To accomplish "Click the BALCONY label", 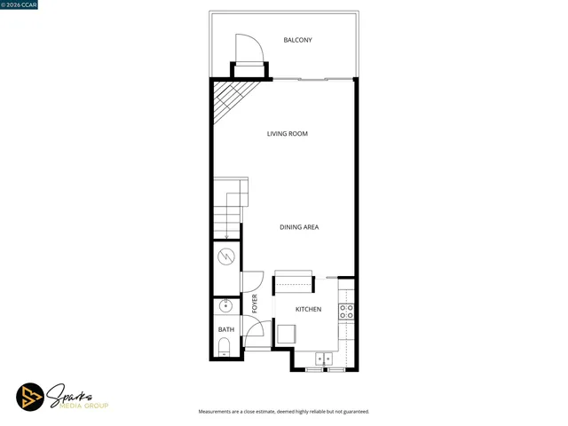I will tap(297, 40).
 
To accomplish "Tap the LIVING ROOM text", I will tap(287, 134).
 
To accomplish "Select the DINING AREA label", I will tap(299, 227).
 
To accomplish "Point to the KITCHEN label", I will tap(308, 310).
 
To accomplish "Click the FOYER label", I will tap(255, 304).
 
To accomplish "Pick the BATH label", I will tap(226, 330).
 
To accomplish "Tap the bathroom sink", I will tap(225, 306).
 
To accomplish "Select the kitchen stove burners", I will tap(347, 312).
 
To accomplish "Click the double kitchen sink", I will tap(324, 359).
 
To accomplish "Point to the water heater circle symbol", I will tap(226, 257).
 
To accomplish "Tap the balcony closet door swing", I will tap(248, 48).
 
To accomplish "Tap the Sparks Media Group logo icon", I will tap(31, 397).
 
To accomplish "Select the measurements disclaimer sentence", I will tap(283, 412).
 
